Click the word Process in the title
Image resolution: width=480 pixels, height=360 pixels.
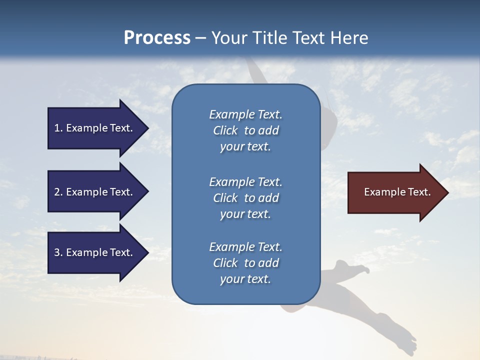click(x=157, y=38)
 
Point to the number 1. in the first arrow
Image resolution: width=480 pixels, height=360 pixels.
click(x=58, y=128)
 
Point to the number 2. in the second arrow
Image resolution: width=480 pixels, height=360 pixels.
click(x=58, y=192)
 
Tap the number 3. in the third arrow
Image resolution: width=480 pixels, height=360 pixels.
click(x=58, y=252)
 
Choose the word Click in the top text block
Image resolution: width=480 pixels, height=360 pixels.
click(x=225, y=131)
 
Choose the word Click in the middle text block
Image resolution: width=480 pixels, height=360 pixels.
click(x=225, y=198)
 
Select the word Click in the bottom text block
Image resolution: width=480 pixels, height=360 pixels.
click(x=225, y=263)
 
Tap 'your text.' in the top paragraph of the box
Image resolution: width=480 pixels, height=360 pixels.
click(x=245, y=147)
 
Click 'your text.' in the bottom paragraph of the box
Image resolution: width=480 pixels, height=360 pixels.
click(x=245, y=279)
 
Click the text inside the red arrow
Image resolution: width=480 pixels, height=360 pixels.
click(x=397, y=192)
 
